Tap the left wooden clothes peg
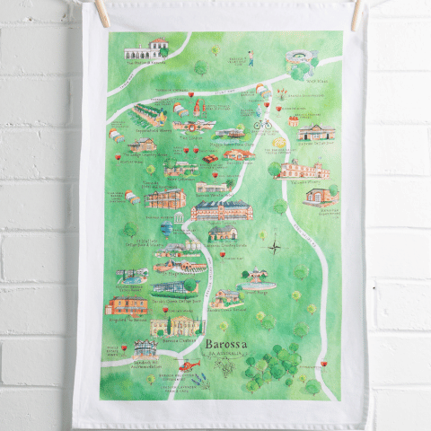coord(101,12)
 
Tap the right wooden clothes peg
coord(356,13)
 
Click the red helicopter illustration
coord(188,365)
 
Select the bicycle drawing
coord(262,125)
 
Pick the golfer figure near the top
coord(251,58)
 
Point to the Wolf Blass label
coord(315,78)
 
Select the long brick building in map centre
coord(222,210)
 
